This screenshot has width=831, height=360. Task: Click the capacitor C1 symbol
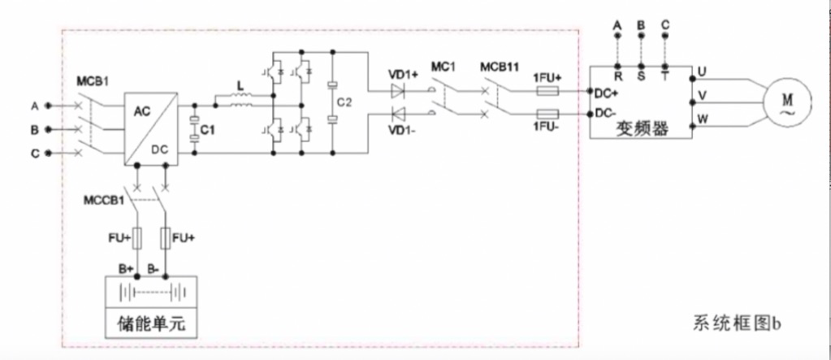[x=194, y=129]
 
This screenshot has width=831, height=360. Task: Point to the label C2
[x=347, y=103]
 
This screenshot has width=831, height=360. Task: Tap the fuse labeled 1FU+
[x=547, y=91]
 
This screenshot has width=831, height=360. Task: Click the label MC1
[x=444, y=65]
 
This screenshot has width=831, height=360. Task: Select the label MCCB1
[x=104, y=197]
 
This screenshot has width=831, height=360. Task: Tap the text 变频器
[x=641, y=129]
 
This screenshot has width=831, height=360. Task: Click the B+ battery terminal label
[x=126, y=267]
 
